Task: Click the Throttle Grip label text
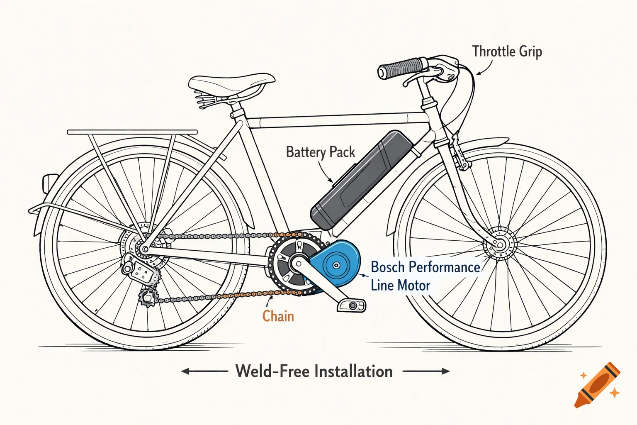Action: [x=507, y=52]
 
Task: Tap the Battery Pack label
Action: [x=320, y=152]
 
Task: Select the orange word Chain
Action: [x=278, y=316]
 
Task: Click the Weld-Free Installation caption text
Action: [x=314, y=371]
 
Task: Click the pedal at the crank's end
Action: [x=352, y=305]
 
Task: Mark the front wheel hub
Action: [x=500, y=244]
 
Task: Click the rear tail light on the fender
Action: [x=49, y=183]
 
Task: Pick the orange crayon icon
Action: [x=597, y=386]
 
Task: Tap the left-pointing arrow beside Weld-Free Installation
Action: [x=204, y=371]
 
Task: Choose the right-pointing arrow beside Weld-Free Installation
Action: [x=426, y=371]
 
